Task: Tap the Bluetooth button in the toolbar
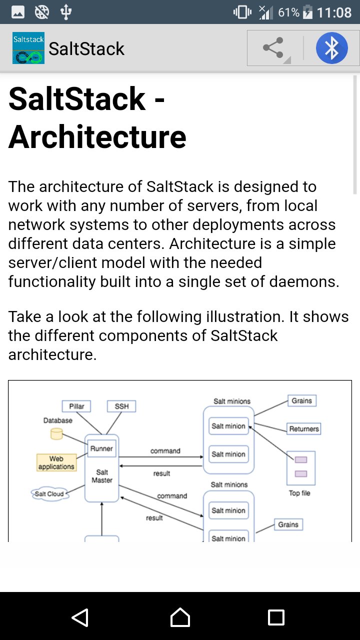[331, 48]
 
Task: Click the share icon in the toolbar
[273, 48]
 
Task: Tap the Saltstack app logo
[28, 48]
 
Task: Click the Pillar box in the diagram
[76, 406]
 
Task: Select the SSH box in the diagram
[121, 406]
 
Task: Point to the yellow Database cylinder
[56, 433]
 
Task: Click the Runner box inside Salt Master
[101, 448]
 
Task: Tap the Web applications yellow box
[56, 462]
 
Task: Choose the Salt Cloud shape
[49, 494]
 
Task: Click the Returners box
[304, 428]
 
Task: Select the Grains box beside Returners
[302, 400]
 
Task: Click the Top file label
[299, 493]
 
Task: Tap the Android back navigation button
[80, 617]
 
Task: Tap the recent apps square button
[276, 617]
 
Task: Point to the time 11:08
[334, 12]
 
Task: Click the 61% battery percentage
[288, 12]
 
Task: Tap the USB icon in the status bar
[66, 12]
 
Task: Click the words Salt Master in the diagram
[102, 476]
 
